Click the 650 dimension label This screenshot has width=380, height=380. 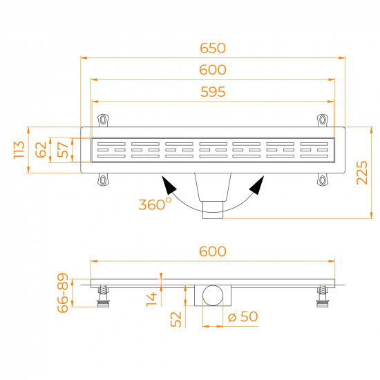click(213, 48)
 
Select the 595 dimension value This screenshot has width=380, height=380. click(213, 92)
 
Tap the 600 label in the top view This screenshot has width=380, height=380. click(213, 70)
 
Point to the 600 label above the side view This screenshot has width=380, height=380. click(213, 251)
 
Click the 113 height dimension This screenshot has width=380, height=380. click(19, 150)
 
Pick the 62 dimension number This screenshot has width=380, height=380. click(41, 150)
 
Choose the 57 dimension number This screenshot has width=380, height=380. click(62, 150)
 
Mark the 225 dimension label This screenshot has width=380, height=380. click(362, 173)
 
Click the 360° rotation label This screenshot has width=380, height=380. click(155, 204)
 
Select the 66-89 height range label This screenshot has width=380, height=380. click(63, 293)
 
